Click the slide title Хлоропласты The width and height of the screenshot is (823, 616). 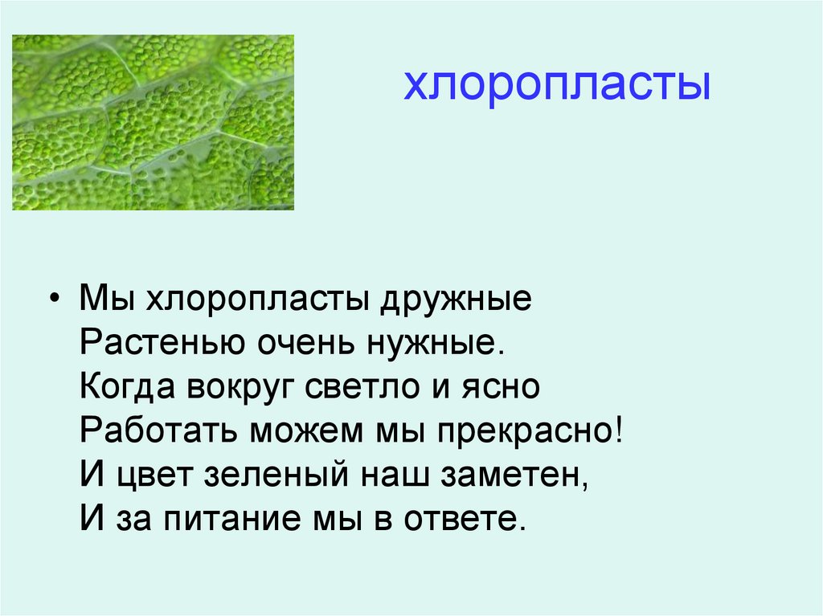tap(556, 86)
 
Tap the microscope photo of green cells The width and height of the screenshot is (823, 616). tap(153, 122)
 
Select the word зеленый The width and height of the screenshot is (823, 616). tap(268, 476)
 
